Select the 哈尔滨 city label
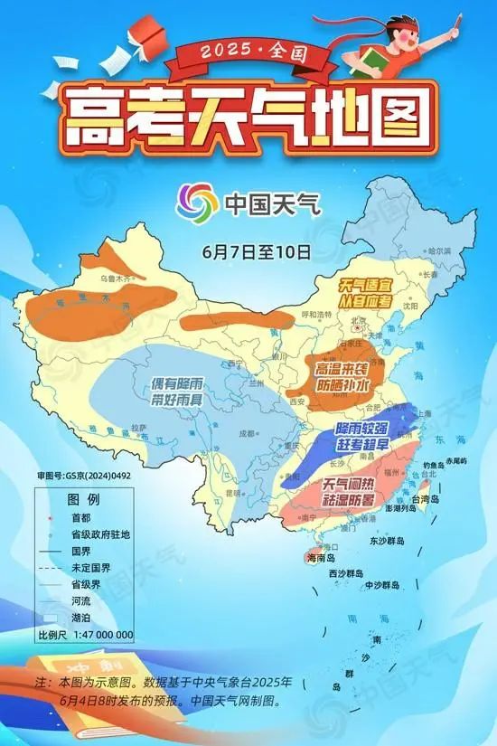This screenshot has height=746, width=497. (438, 250)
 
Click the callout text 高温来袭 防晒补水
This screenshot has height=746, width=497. (342, 377)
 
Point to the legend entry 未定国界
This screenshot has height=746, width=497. (78, 568)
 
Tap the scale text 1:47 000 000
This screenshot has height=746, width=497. (99, 635)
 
